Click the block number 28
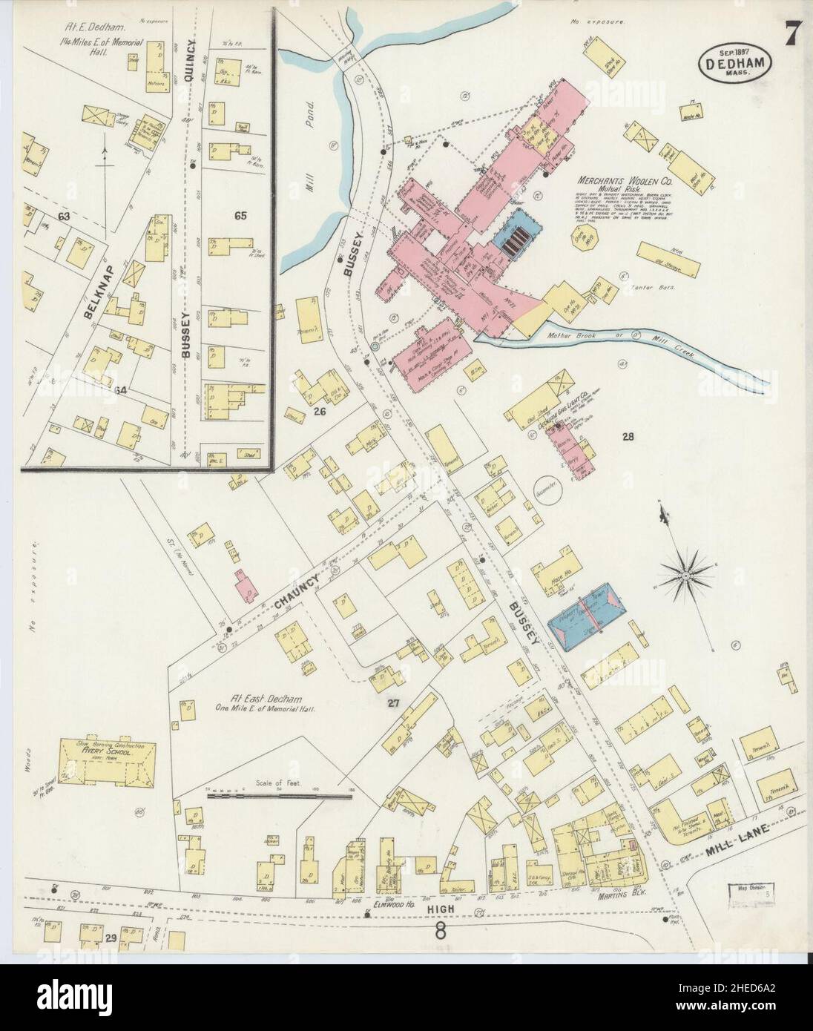point(628,437)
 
